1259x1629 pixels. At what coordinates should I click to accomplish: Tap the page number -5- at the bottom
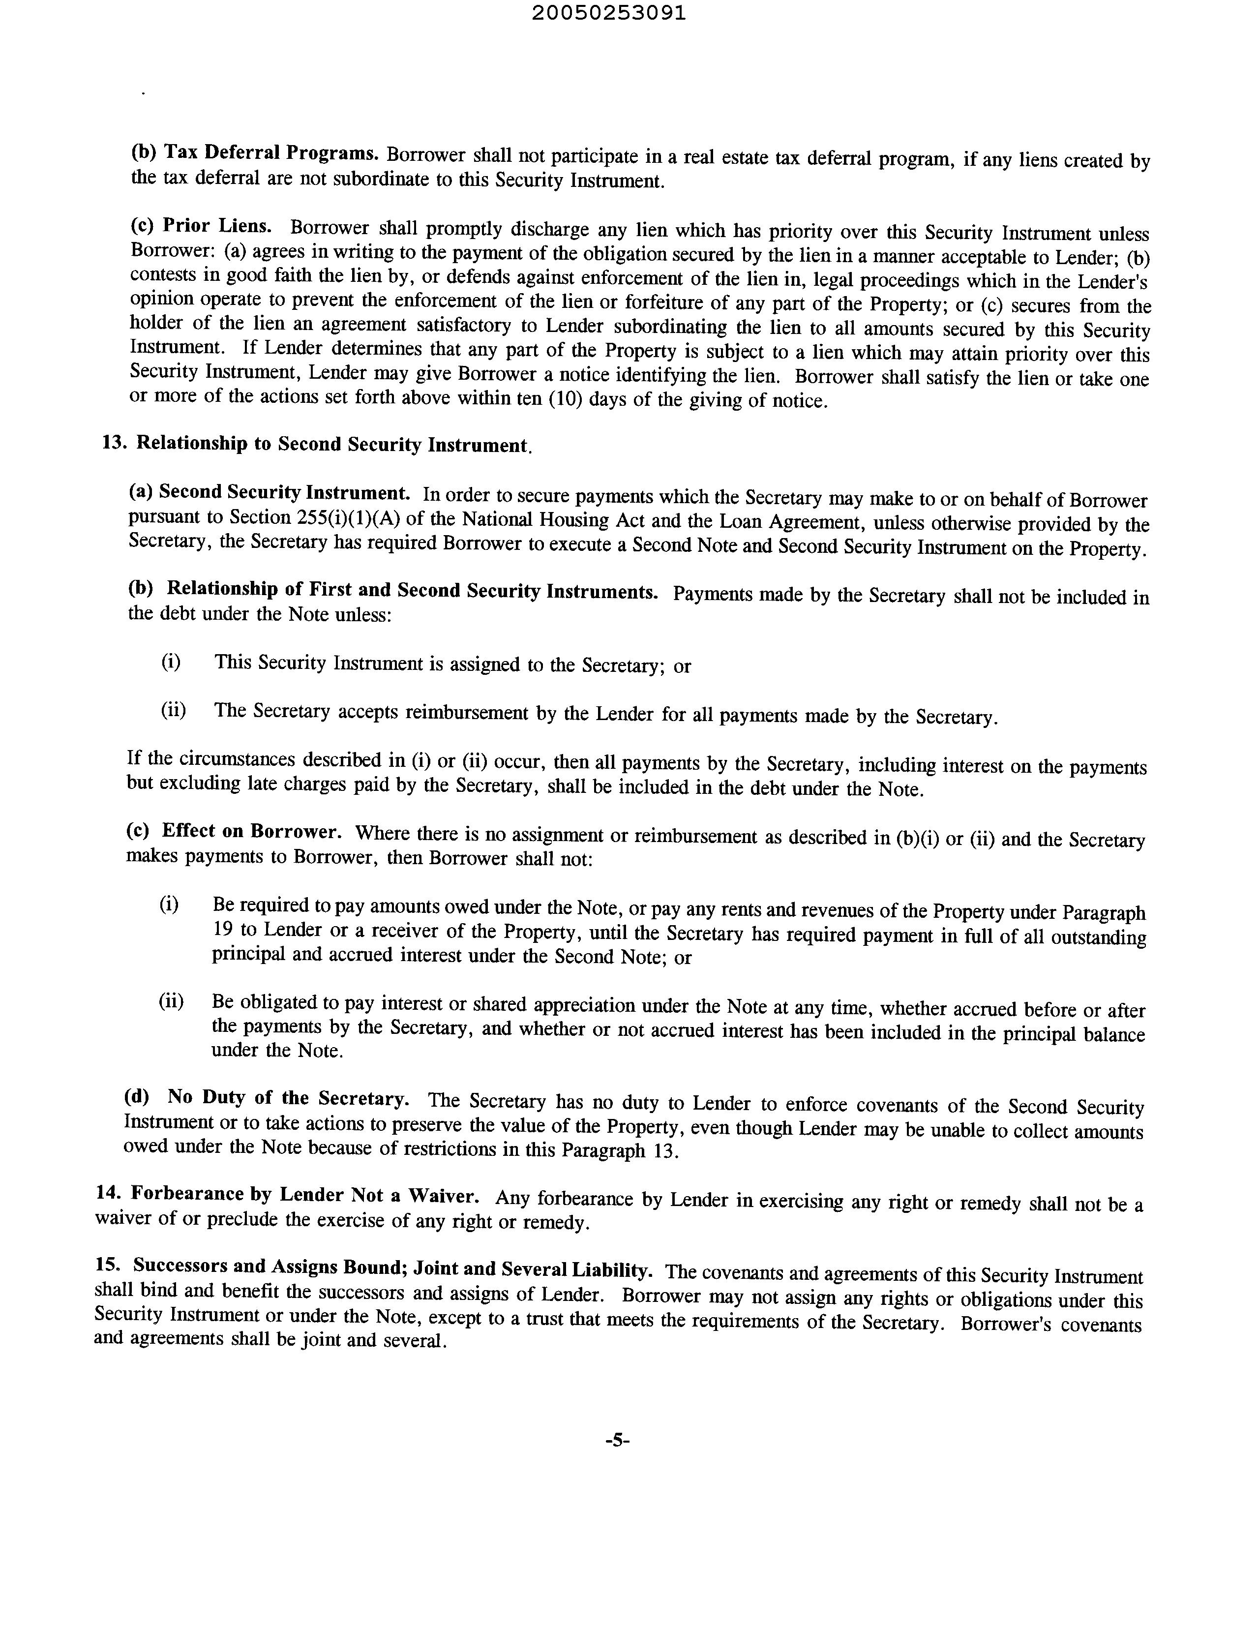tap(618, 1441)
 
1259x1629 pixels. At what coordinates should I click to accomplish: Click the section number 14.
tap(108, 1193)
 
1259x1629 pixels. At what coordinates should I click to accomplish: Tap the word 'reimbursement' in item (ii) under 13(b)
tap(467, 713)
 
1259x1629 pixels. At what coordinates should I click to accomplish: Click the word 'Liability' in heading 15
tap(613, 1269)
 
